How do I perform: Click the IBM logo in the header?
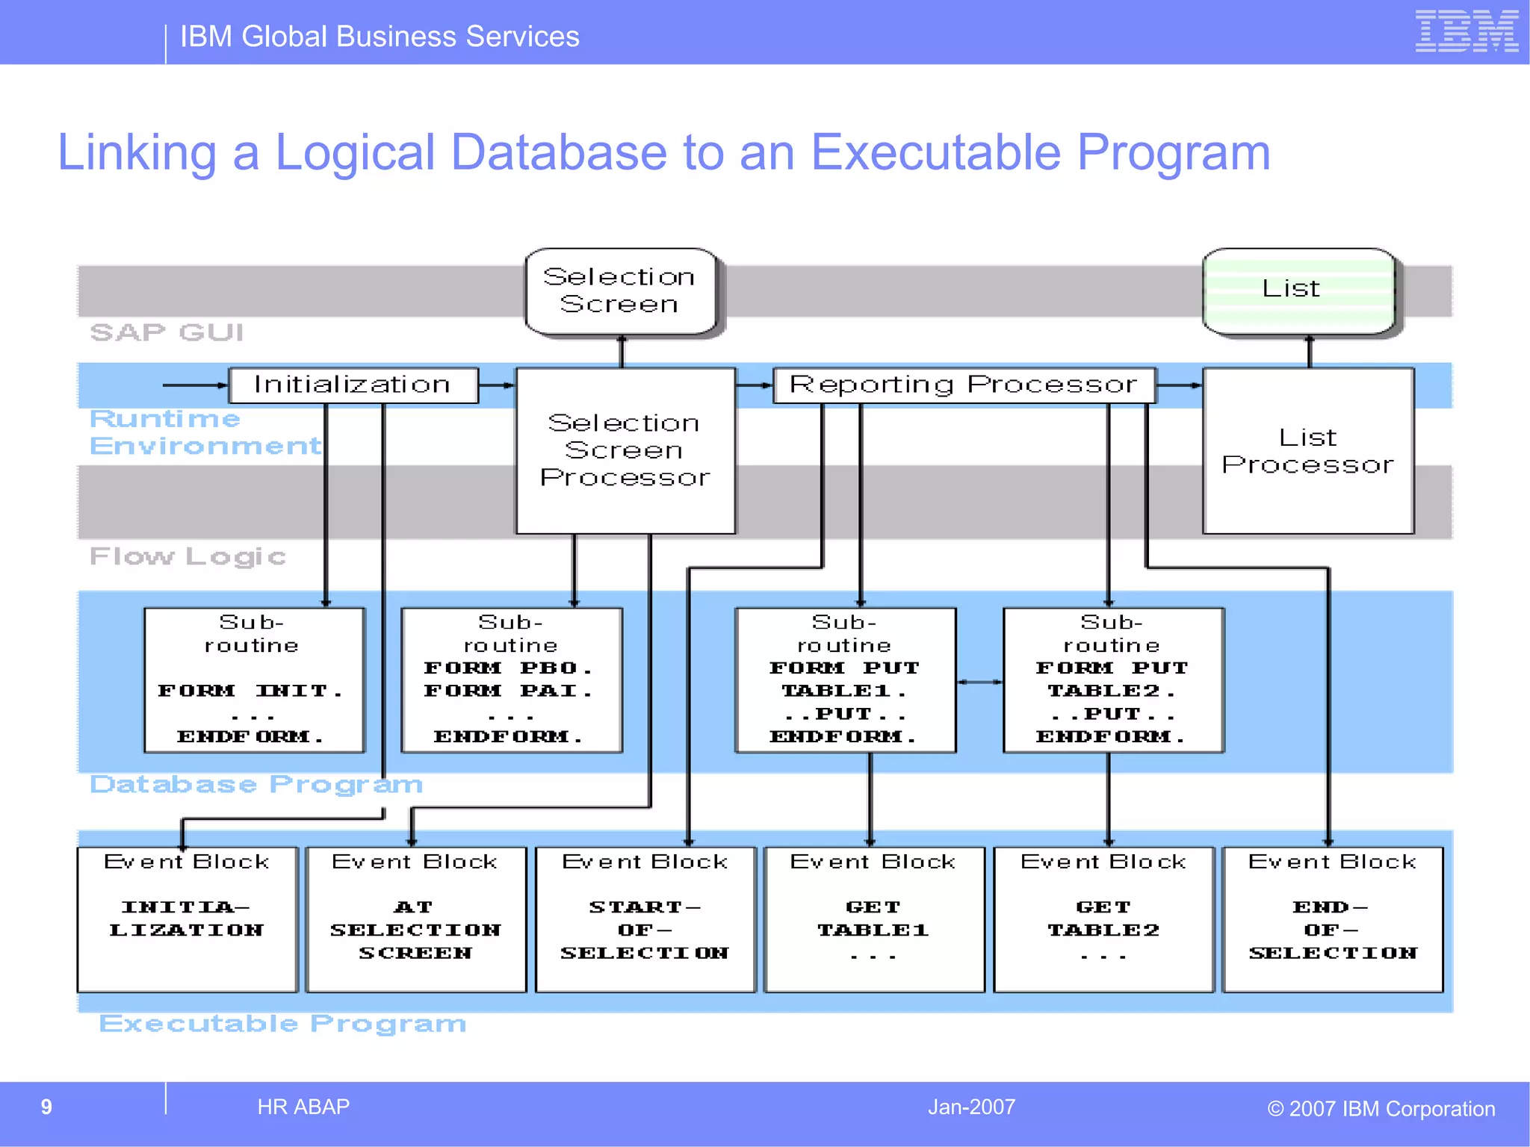[x=1466, y=31]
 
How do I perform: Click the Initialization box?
[x=353, y=385]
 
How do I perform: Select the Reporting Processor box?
[x=964, y=385]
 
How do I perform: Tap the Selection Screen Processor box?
[x=625, y=450]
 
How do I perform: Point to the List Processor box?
[x=1307, y=451]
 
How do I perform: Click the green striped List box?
[x=1298, y=290]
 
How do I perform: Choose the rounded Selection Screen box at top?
[x=620, y=290]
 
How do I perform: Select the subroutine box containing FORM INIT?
[x=254, y=680]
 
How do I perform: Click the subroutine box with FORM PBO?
[x=511, y=680]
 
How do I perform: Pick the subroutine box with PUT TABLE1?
[x=845, y=680]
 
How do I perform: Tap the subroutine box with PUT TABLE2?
[x=1112, y=680]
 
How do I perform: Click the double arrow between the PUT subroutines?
[x=979, y=682]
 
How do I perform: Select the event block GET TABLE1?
[x=873, y=918]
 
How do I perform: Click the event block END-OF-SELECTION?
[x=1332, y=918]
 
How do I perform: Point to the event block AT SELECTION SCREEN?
[x=416, y=918]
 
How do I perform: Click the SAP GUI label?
[x=167, y=332]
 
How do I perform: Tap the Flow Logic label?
[x=188, y=556]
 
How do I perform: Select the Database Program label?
[x=256, y=784]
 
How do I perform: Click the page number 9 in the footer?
[x=46, y=1107]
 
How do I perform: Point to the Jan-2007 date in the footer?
[x=971, y=1107]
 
